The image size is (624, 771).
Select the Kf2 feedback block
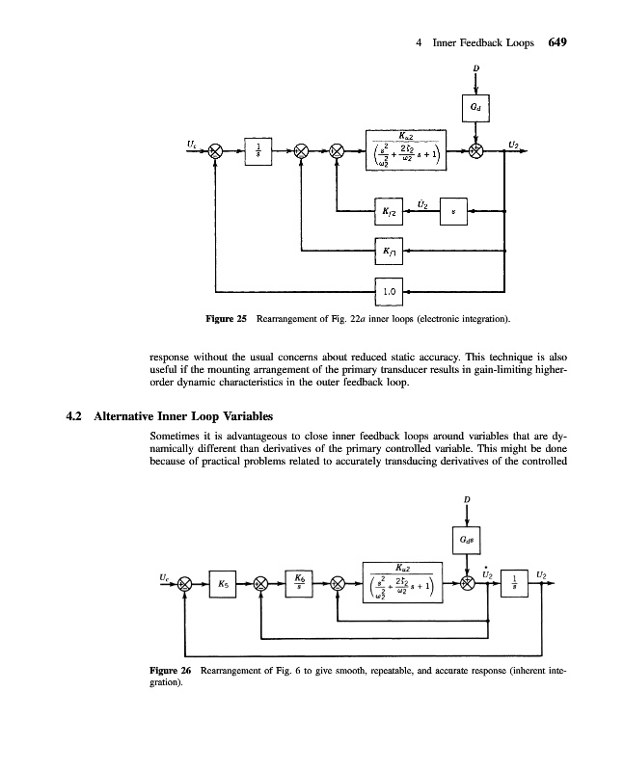point(387,210)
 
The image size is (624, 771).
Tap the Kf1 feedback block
point(387,251)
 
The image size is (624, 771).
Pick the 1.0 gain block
point(387,288)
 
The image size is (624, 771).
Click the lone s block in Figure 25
point(453,210)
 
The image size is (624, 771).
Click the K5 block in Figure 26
point(224,583)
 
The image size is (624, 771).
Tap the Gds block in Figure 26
point(467,540)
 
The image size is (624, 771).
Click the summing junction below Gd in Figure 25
point(477,151)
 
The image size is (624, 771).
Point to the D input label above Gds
point(467,497)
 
